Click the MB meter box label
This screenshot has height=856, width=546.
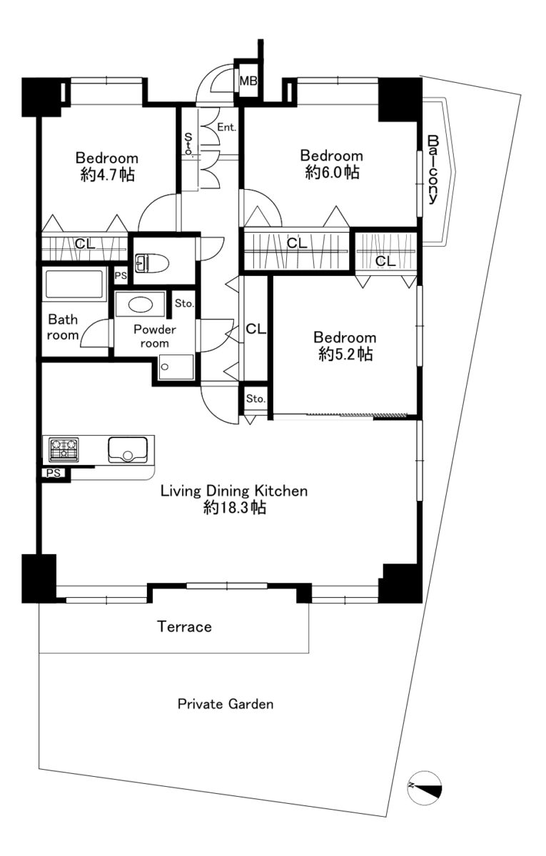[248, 81]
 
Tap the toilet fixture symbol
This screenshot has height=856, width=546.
[152, 264]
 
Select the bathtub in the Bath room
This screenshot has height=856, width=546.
[74, 285]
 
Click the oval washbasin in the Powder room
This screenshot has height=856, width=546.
[141, 305]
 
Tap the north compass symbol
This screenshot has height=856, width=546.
[425, 786]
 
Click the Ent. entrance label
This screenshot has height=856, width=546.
[227, 127]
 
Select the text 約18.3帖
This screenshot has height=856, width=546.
[235, 507]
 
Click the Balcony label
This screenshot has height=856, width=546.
[433, 169]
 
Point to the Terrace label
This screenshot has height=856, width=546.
[184, 627]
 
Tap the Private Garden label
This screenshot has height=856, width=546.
[226, 704]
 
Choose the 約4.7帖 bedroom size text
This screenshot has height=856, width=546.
[108, 175]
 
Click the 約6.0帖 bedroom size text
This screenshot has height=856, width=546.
[333, 173]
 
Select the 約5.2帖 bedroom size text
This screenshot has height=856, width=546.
[345, 355]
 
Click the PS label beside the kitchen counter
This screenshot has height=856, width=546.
[54, 473]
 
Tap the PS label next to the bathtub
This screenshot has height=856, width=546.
[121, 275]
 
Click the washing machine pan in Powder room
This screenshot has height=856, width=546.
[176, 367]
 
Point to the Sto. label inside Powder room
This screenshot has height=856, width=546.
[184, 303]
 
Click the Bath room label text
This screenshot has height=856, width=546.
[63, 327]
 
